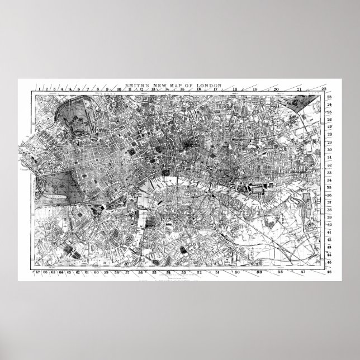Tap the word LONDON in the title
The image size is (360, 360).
click(209, 86)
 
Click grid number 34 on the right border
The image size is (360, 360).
click(329, 181)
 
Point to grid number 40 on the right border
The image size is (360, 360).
click(329, 224)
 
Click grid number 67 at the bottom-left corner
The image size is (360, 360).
click(37, 273)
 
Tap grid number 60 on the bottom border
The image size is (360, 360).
click(97, 273)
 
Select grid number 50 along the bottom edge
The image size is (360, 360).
click(237, 273)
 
